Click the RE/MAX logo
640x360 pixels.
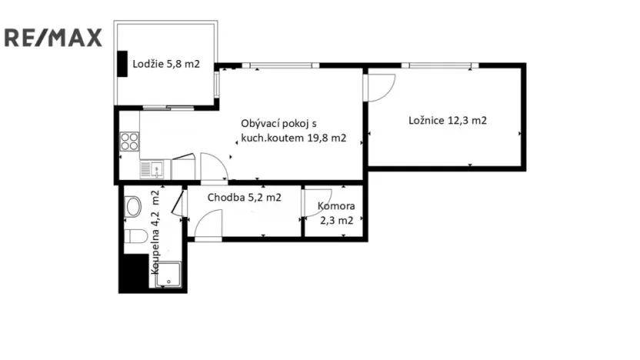53,37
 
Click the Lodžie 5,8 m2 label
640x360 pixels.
165,65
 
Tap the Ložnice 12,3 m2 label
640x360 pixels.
447,121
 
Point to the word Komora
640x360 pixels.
337,207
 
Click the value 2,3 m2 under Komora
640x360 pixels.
337,221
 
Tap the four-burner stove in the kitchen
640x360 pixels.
129,142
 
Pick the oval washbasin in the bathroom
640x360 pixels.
132,206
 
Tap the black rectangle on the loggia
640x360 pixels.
122,63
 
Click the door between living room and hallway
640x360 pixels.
212,168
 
